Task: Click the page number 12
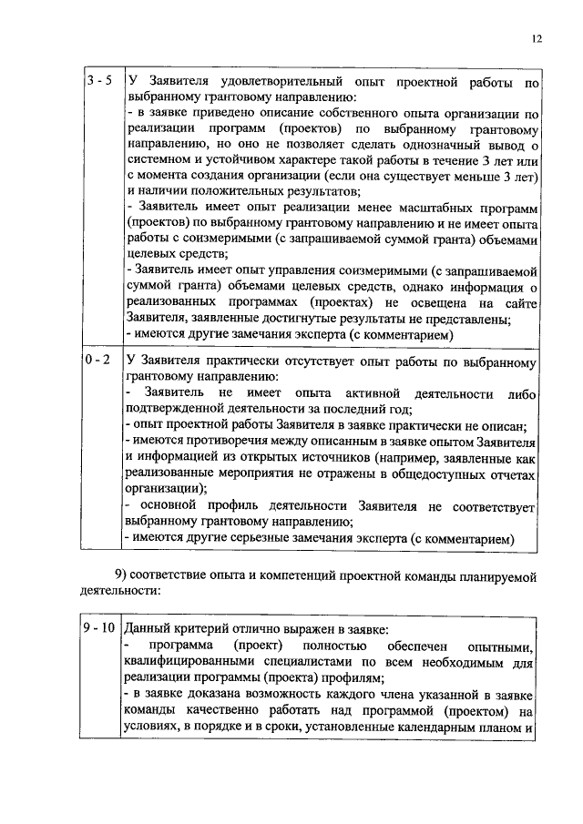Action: click(x=537, y=37)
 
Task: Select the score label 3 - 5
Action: click(x=99, y=82)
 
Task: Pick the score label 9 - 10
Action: click(x=98, y=628)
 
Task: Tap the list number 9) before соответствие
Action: click(x=124, y=574)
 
